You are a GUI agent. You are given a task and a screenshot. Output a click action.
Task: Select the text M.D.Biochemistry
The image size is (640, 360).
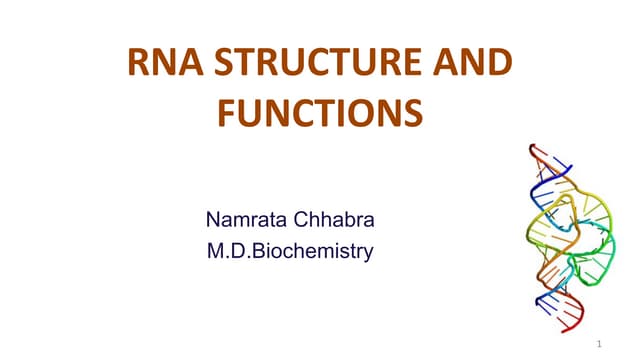(x=289, y=250)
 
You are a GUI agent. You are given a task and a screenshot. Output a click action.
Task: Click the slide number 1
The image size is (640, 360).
(x=597, y=344)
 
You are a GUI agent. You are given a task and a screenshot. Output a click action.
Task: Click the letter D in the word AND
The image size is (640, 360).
(x=498, y=66)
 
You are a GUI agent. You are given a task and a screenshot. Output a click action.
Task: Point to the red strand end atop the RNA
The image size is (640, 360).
(x=536, y=150)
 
